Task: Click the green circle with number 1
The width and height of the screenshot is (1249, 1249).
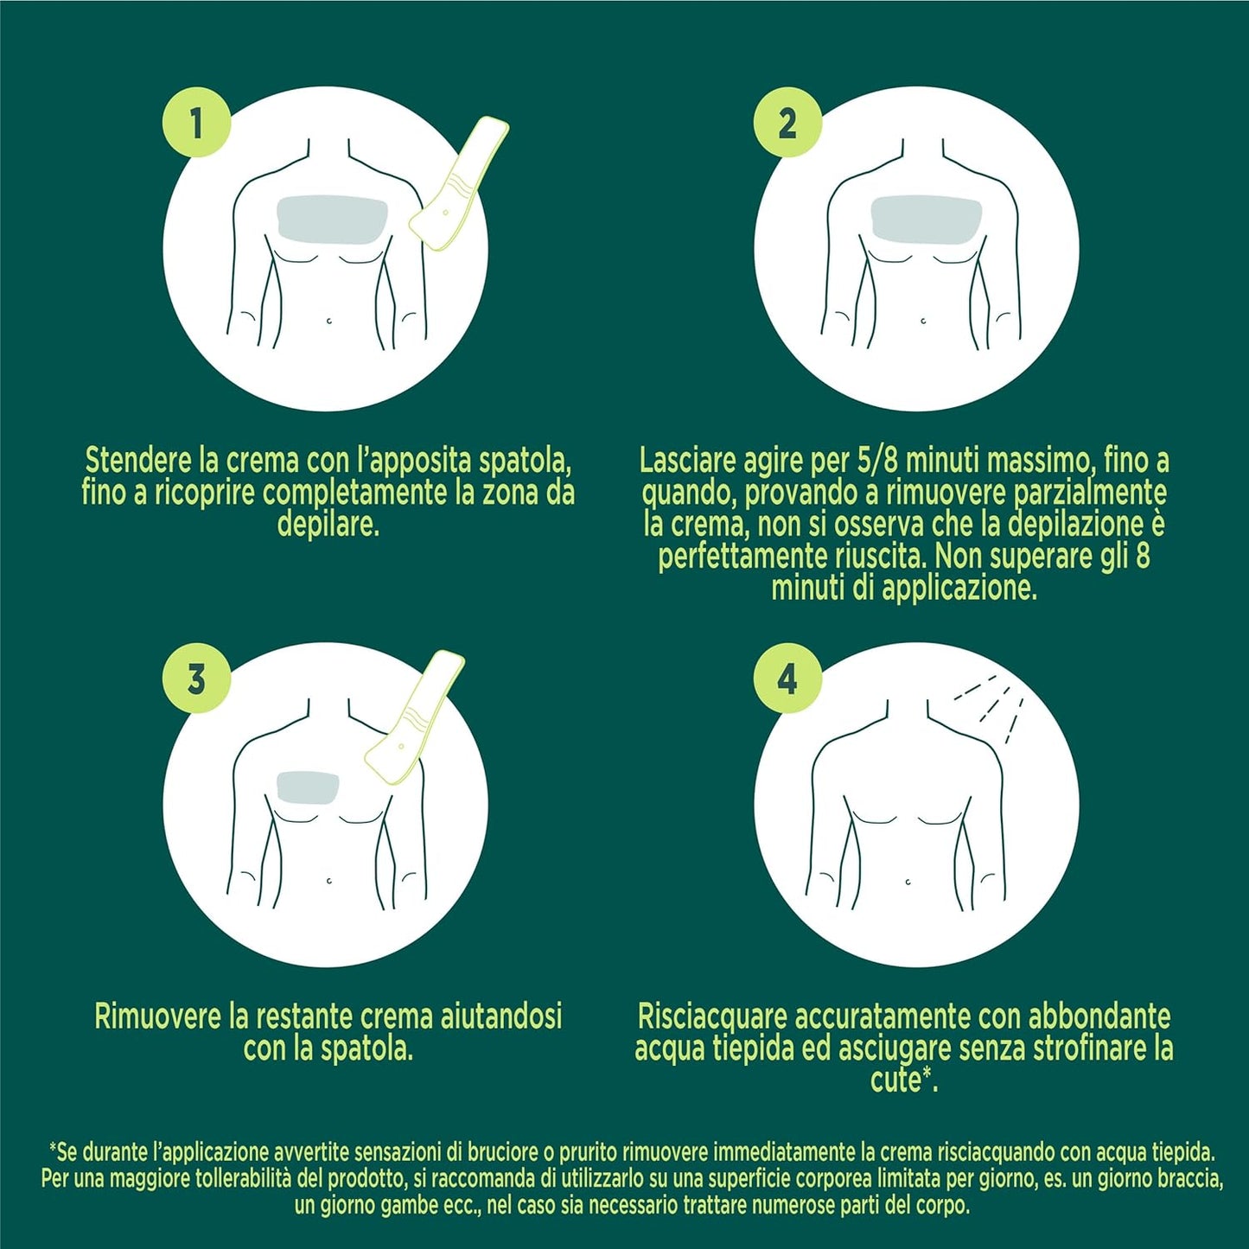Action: point(196,121)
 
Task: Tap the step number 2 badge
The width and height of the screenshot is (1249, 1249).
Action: point(787,121)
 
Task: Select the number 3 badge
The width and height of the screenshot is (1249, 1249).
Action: point(196,679)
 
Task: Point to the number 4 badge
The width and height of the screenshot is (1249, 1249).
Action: point(787,679)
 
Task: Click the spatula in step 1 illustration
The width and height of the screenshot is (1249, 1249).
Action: point(458,185)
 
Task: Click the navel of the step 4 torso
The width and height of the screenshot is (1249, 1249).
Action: point(908,881)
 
